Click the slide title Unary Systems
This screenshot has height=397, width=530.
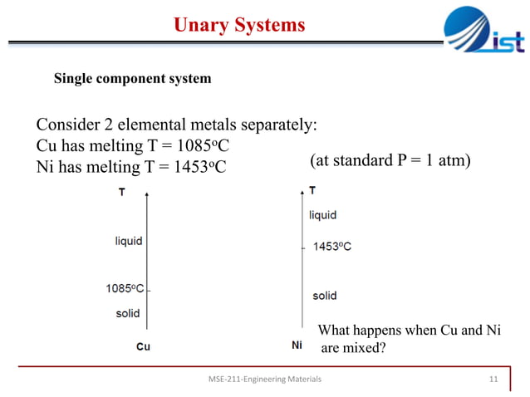tap(239, 26)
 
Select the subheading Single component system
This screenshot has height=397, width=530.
tap(132, 79)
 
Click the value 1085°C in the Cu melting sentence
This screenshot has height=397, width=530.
tap(199, 146)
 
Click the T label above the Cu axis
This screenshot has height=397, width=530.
tap(122, 192)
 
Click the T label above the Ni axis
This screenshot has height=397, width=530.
tap(312, 190)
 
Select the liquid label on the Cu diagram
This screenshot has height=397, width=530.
tap(128, 241)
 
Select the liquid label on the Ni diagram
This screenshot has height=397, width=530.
tap(323, 215)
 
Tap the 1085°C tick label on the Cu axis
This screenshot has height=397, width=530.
tap(124, 288)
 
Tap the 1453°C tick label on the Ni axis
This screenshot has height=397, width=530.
tap(331, 247)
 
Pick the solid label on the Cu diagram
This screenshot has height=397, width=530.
tap(127, 313)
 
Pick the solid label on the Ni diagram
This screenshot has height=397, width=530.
tap(324, 296)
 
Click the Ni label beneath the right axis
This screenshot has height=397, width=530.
tap(297, 345)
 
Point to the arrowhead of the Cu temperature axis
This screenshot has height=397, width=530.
tap(148, 194)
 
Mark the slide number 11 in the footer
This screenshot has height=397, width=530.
tap(493, 380)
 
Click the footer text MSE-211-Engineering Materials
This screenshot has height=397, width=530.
tap(264, 380)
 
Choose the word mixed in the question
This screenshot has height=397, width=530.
tap(366, 348)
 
